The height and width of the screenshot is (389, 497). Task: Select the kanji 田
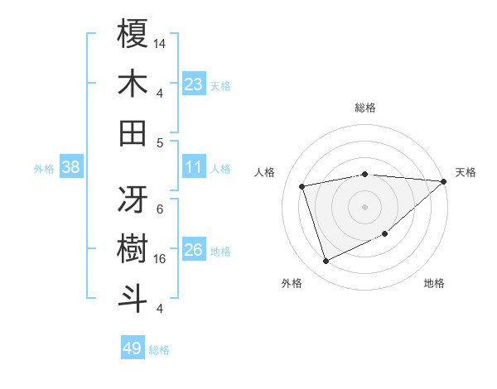[x=133, y=132]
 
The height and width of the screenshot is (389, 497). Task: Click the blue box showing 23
[x=194, y=84]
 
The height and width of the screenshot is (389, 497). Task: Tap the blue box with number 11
[x=194, y=168]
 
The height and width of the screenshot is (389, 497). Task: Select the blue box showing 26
[x=194, y=250]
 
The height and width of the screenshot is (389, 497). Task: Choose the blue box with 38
[x=71, y=168]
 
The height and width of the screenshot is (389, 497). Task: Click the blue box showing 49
[x=133, y=348]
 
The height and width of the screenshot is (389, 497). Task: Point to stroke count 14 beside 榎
[x=160, y=42]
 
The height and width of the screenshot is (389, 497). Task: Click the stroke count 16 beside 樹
[x=160, y=258]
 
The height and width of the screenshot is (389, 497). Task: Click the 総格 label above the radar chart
[x=365, y=108]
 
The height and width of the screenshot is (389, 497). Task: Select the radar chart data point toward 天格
[x=444, y=181]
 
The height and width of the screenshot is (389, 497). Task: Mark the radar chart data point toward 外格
[x=326, y=262]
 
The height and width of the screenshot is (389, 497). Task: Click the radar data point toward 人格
[x=302, y=186]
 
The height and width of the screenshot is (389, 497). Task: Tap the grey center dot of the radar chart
[x=365, y=207]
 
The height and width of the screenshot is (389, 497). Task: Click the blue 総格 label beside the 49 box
[x=159, y=349]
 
